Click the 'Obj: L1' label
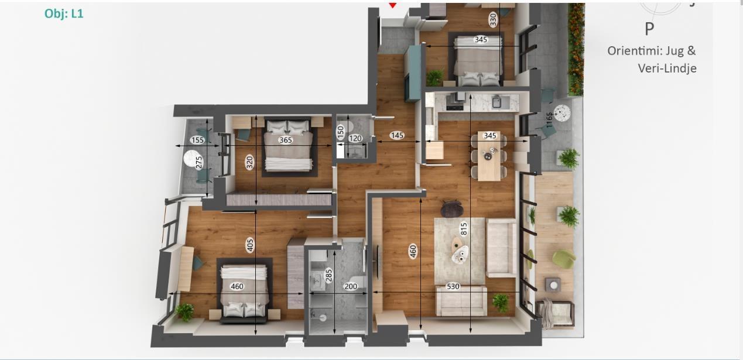pyautogui.click(x=64, y=13)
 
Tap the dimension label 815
pyautogui.click(x=464, y=229)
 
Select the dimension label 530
pyautogui.click(x=453, y=286)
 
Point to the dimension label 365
pyautogui.click(x=285, y=140)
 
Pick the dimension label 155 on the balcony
pyautogui.click(x=198, y=140)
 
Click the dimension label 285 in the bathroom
pyautogui.click(x=328, y=275)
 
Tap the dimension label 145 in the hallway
pyautogui.click(x=397, y=135)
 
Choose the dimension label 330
pyautogui.click(x=493, y=19)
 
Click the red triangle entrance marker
pyautogui.click(x=393, y=5)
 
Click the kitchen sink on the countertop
pyautogui.click(x=497, y=101)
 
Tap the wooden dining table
pyautogui.click(x=489, y=156)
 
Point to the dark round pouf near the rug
pyautogui.click(x=451, y=209)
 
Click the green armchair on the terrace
pyautogui.click(x=563, y=259)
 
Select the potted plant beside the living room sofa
pyautogui.click(x=501, y=302)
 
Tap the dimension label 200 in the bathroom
pyautogui.click(x=351, y=286)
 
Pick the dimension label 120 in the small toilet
pyautogui.click(x=355, y=138)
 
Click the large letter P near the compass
pyautogui.click(x=649, y=29)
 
